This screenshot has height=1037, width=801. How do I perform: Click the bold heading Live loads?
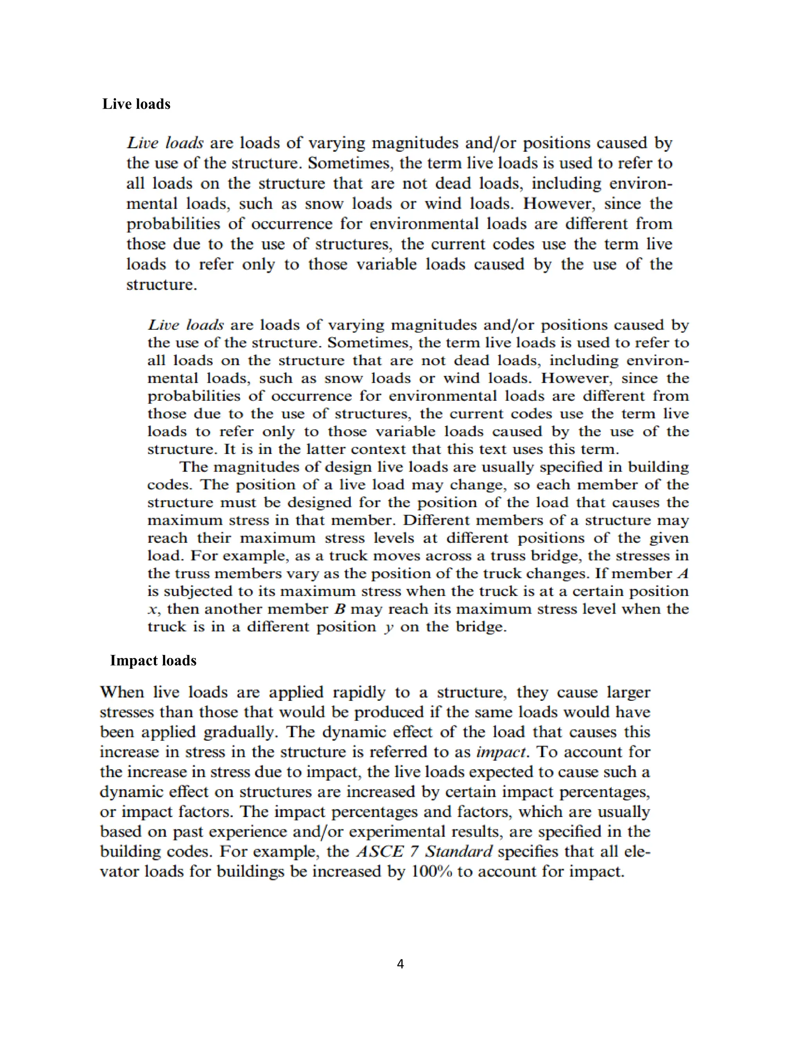[136, 104]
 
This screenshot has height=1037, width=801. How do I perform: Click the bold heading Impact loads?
[153, 661]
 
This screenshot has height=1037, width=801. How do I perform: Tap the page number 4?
[400, 963]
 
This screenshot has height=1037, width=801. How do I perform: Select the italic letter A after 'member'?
[682, 574]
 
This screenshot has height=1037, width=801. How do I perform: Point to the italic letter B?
[339, 609]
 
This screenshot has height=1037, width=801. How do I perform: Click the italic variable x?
[152, 610]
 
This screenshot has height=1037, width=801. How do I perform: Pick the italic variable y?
[389, 628]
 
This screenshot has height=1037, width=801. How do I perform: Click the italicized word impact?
[501, 752]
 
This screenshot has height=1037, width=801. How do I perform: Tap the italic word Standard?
[458, 852]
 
